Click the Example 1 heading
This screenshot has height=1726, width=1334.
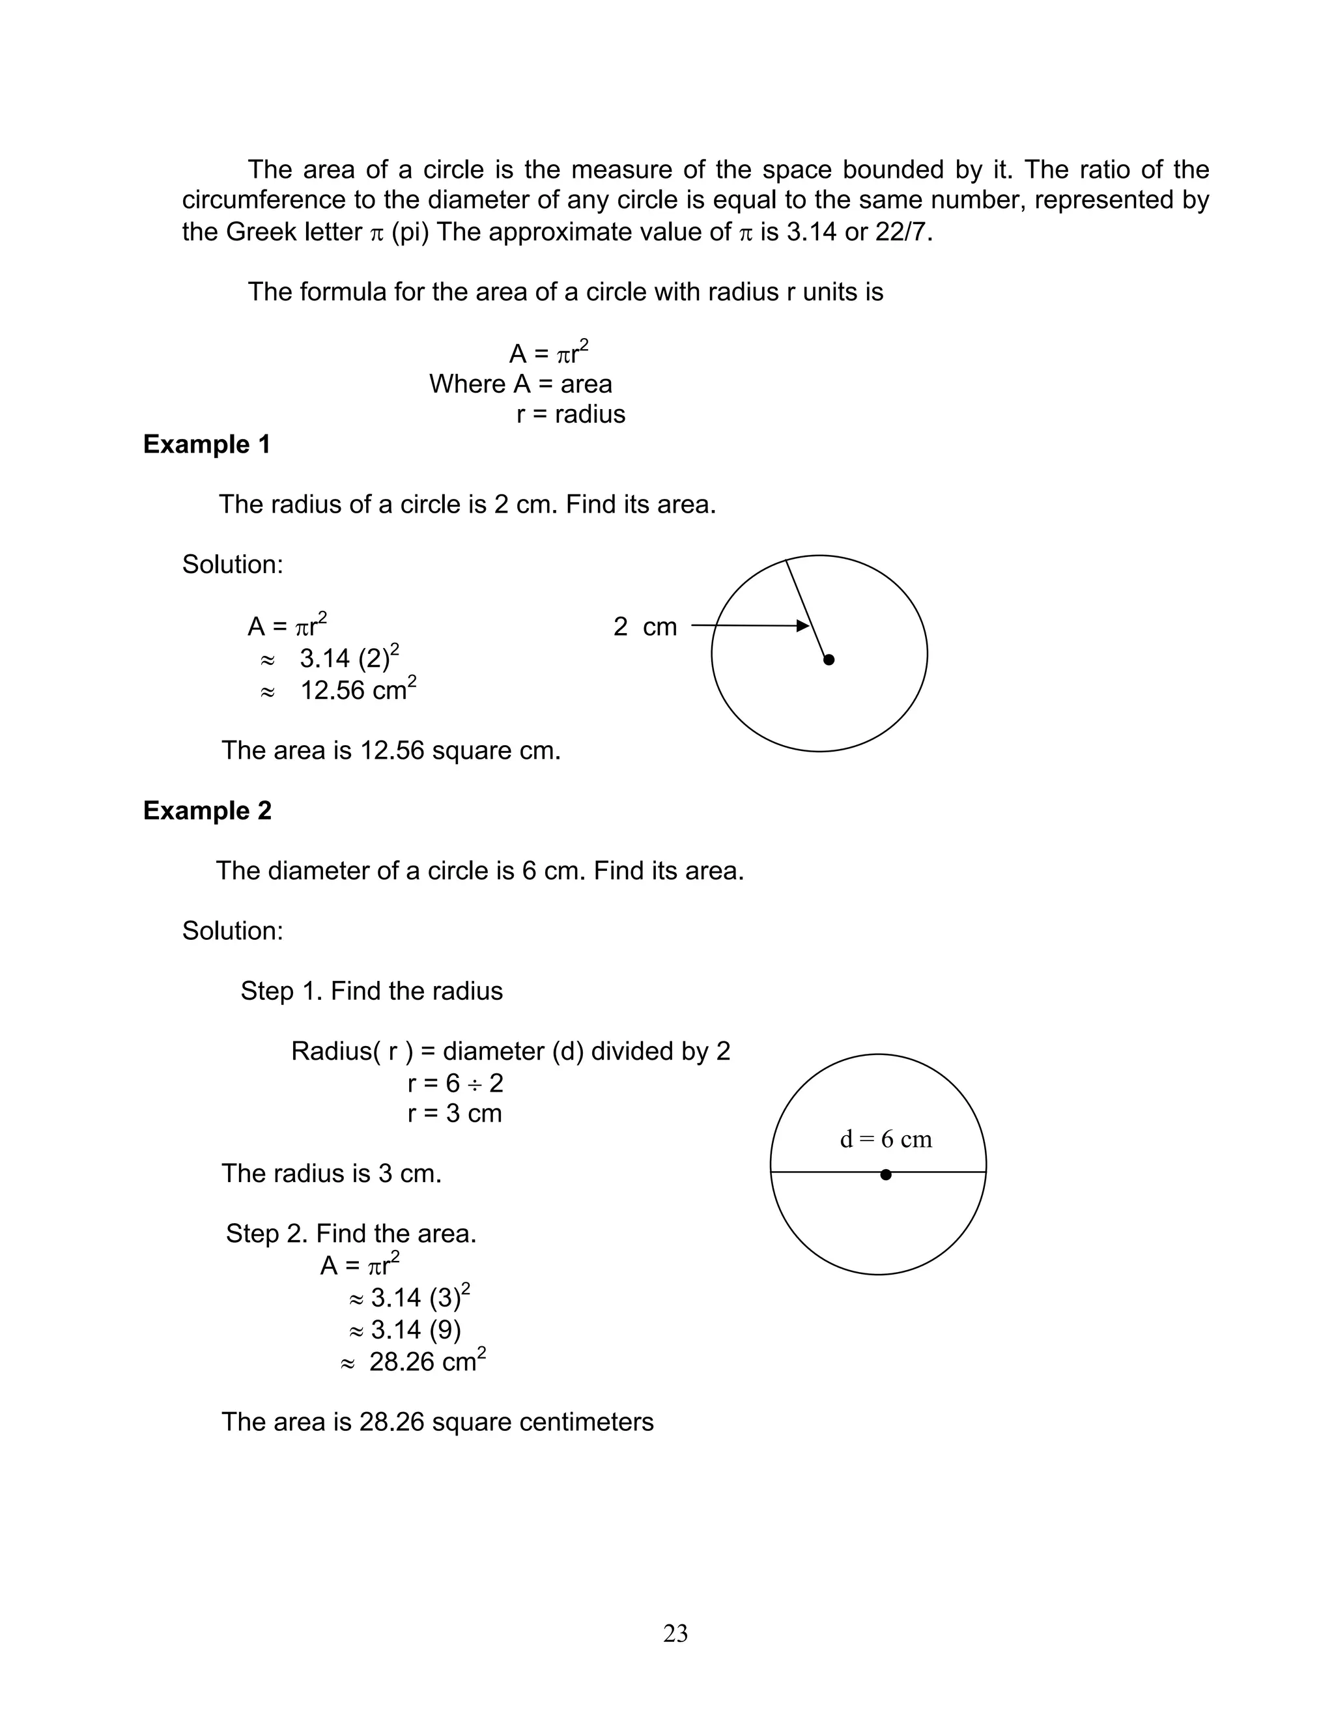click(x=206, y=444)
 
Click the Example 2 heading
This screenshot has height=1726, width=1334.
click(x=207, y=811)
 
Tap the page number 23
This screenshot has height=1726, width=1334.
click(x=675, y=1633)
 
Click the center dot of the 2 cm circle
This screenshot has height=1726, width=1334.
click(x=829, y=659)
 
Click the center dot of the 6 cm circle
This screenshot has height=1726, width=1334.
click(x=886, y=1175)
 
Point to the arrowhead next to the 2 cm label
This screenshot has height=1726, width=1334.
click(x=803, y=626)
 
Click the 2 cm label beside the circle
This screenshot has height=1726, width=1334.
click(x=645, y=627)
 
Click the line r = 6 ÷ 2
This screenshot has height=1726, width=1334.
click(x=455, y=1082)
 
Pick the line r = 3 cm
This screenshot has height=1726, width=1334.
click(x=455, y=1114)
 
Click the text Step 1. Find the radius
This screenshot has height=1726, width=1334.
click(x=371, y=991)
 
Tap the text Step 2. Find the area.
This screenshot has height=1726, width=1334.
click(x=351, y=1234)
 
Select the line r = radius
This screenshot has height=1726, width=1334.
click(x=571, y=414)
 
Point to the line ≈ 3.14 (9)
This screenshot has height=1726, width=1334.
click(x=404, y=1330)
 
